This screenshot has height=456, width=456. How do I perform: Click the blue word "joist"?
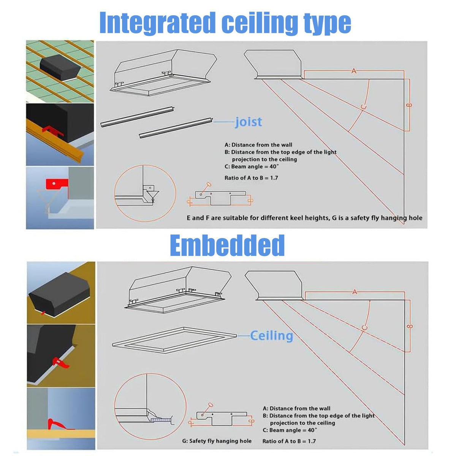(x=249, y=122)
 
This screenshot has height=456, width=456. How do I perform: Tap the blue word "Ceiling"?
(x=272, y=336)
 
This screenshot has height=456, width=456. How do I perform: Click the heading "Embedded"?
(x=227, y=245)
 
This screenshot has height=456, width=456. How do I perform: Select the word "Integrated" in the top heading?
(x=157, y=23)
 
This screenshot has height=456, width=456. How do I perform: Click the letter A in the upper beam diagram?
(x=353, y=71)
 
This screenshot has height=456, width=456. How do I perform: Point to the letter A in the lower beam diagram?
(x=354, y=292)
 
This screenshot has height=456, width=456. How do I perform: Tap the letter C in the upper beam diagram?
(x=364, y=107)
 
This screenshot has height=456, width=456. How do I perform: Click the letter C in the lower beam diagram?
(x=364, y=328)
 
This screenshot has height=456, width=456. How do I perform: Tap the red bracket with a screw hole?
(x=57, y=184)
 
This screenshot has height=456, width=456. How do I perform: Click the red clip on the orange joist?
(x=52, y=131)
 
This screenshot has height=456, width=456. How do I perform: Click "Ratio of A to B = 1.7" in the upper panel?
(x=251, y=178)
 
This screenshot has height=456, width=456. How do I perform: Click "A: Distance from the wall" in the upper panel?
(x=258, y=145)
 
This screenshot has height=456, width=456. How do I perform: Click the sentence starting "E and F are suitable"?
(x=304, y=218)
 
